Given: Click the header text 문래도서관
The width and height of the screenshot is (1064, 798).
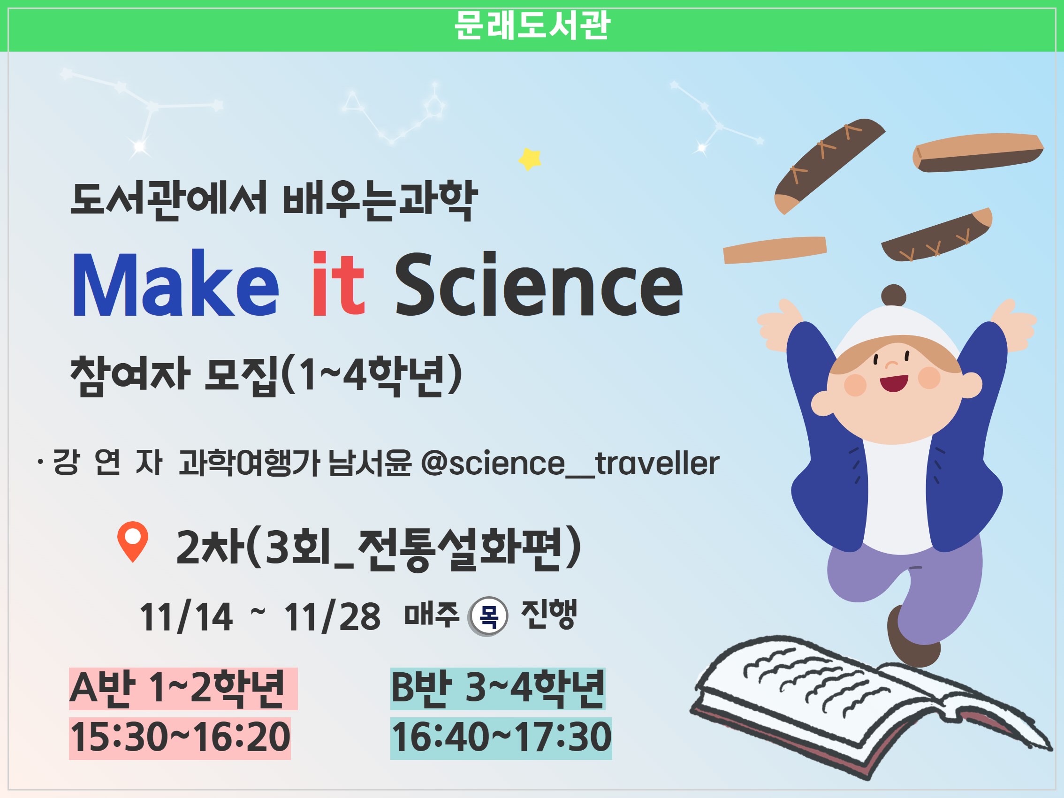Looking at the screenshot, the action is click(x=532, y=25).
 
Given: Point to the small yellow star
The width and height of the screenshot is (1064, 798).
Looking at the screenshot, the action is click(x=530, y=159).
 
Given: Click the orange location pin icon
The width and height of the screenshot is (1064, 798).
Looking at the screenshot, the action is click(x=133, y=541).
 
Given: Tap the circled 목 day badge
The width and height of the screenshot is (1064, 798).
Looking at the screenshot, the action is click(x=488, y=616).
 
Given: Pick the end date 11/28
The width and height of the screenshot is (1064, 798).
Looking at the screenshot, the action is click(x=332, y=616).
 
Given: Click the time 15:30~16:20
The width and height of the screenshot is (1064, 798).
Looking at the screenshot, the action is click(x=180, y=737).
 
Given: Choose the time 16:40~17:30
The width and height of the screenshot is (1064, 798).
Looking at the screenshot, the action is click(x=501, y=737).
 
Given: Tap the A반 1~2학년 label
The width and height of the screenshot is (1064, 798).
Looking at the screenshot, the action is click(x=177, y=688).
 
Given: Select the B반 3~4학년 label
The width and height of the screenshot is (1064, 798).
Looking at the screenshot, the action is click(x=498, y=688).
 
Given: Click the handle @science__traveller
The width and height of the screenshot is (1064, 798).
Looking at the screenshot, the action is click(x=570, y=463).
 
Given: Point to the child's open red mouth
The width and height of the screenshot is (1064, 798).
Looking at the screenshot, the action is click(x=894, y=383).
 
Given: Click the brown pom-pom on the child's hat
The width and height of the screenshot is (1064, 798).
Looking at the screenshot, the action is click(x=894, y=296).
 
